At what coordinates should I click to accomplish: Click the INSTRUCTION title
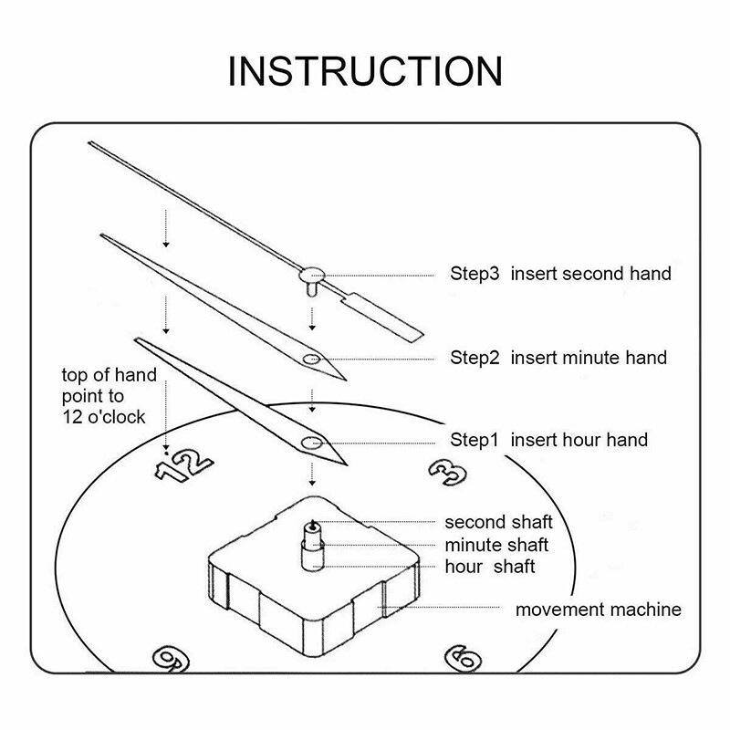click(x=365, y=71)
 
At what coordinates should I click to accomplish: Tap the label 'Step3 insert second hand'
click(x=560, y=274)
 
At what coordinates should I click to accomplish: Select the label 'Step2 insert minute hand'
click(x=558, y=357)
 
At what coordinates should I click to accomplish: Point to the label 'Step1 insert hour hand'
click(x=548, y=440)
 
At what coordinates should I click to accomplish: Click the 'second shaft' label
click(x=498, y=523)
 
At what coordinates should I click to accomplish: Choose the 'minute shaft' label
click(x=496, y=545)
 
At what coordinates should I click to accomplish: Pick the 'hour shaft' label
click(x=489, y=567)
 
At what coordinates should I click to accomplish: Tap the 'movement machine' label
click(x=598, y=610)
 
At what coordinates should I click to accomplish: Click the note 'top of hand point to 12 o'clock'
click(x=109, y=397)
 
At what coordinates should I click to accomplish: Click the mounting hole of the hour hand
click(x=309, y=443)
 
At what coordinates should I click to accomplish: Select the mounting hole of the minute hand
click(x=310, y=358)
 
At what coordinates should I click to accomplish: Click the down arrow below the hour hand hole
click(x=312, y=474)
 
